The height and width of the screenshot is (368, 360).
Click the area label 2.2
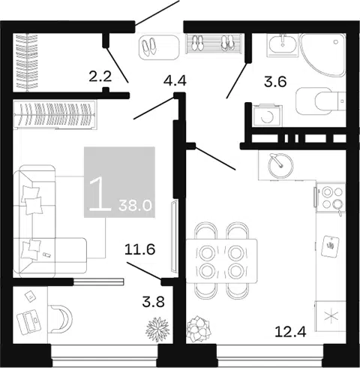[x=100, y=77]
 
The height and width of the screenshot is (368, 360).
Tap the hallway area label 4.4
[x=175, y=81]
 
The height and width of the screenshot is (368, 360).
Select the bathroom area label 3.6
[x=275, y=82]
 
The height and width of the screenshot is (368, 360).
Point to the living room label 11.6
[x=140, y=249]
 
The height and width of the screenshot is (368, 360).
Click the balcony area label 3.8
[x=153, y=302]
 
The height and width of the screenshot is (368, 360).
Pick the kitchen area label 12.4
[x=290, y=332]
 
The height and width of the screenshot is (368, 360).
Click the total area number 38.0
[x=135, y=206]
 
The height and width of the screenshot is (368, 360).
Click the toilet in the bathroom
[x=321, y=101]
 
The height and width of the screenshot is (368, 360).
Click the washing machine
[x=267, y=116]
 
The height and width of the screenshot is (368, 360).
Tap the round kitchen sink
[x=280, y=165]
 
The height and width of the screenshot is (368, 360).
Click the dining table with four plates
[x=221, y=261]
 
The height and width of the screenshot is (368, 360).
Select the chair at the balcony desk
[x=61, y=319]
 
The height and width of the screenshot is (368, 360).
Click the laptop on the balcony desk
[x=28, y=321]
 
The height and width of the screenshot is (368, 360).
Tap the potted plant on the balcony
[x=157, y=330]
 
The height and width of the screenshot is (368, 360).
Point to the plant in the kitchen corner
[x=199, y=329]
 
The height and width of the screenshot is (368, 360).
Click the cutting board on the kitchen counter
[x=330, y=246]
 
